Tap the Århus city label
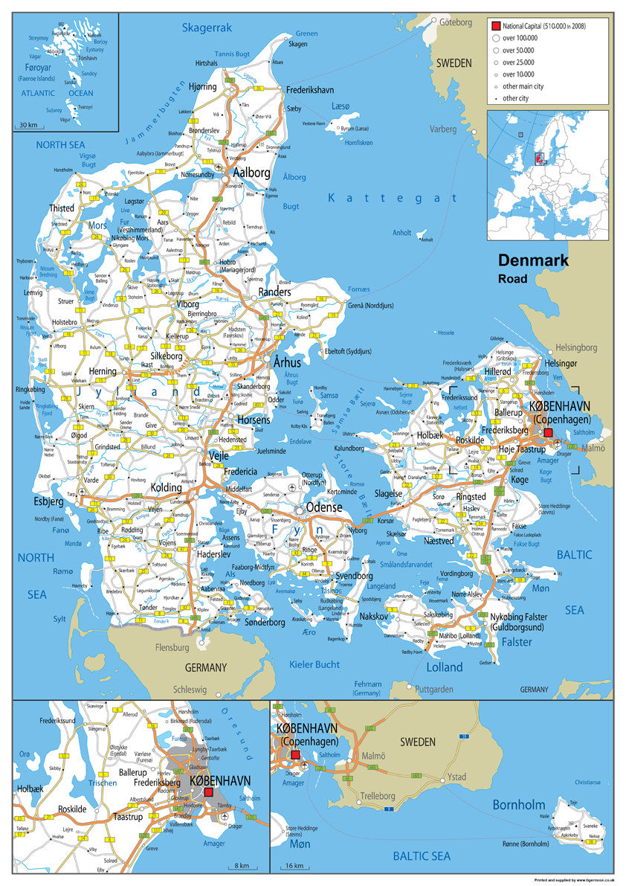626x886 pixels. coord(287,362)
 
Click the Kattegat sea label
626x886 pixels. coord(393,198)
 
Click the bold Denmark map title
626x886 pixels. coord(533,260)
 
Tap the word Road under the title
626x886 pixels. coord(513,279)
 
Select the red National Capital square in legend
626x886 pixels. coord(494,26)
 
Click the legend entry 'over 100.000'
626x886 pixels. coord(519,38)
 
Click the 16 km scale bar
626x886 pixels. coord(297,866)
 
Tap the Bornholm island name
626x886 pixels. coord(520,805)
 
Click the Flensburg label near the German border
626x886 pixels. coord(172,648)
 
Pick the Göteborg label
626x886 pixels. coord(456,22)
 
